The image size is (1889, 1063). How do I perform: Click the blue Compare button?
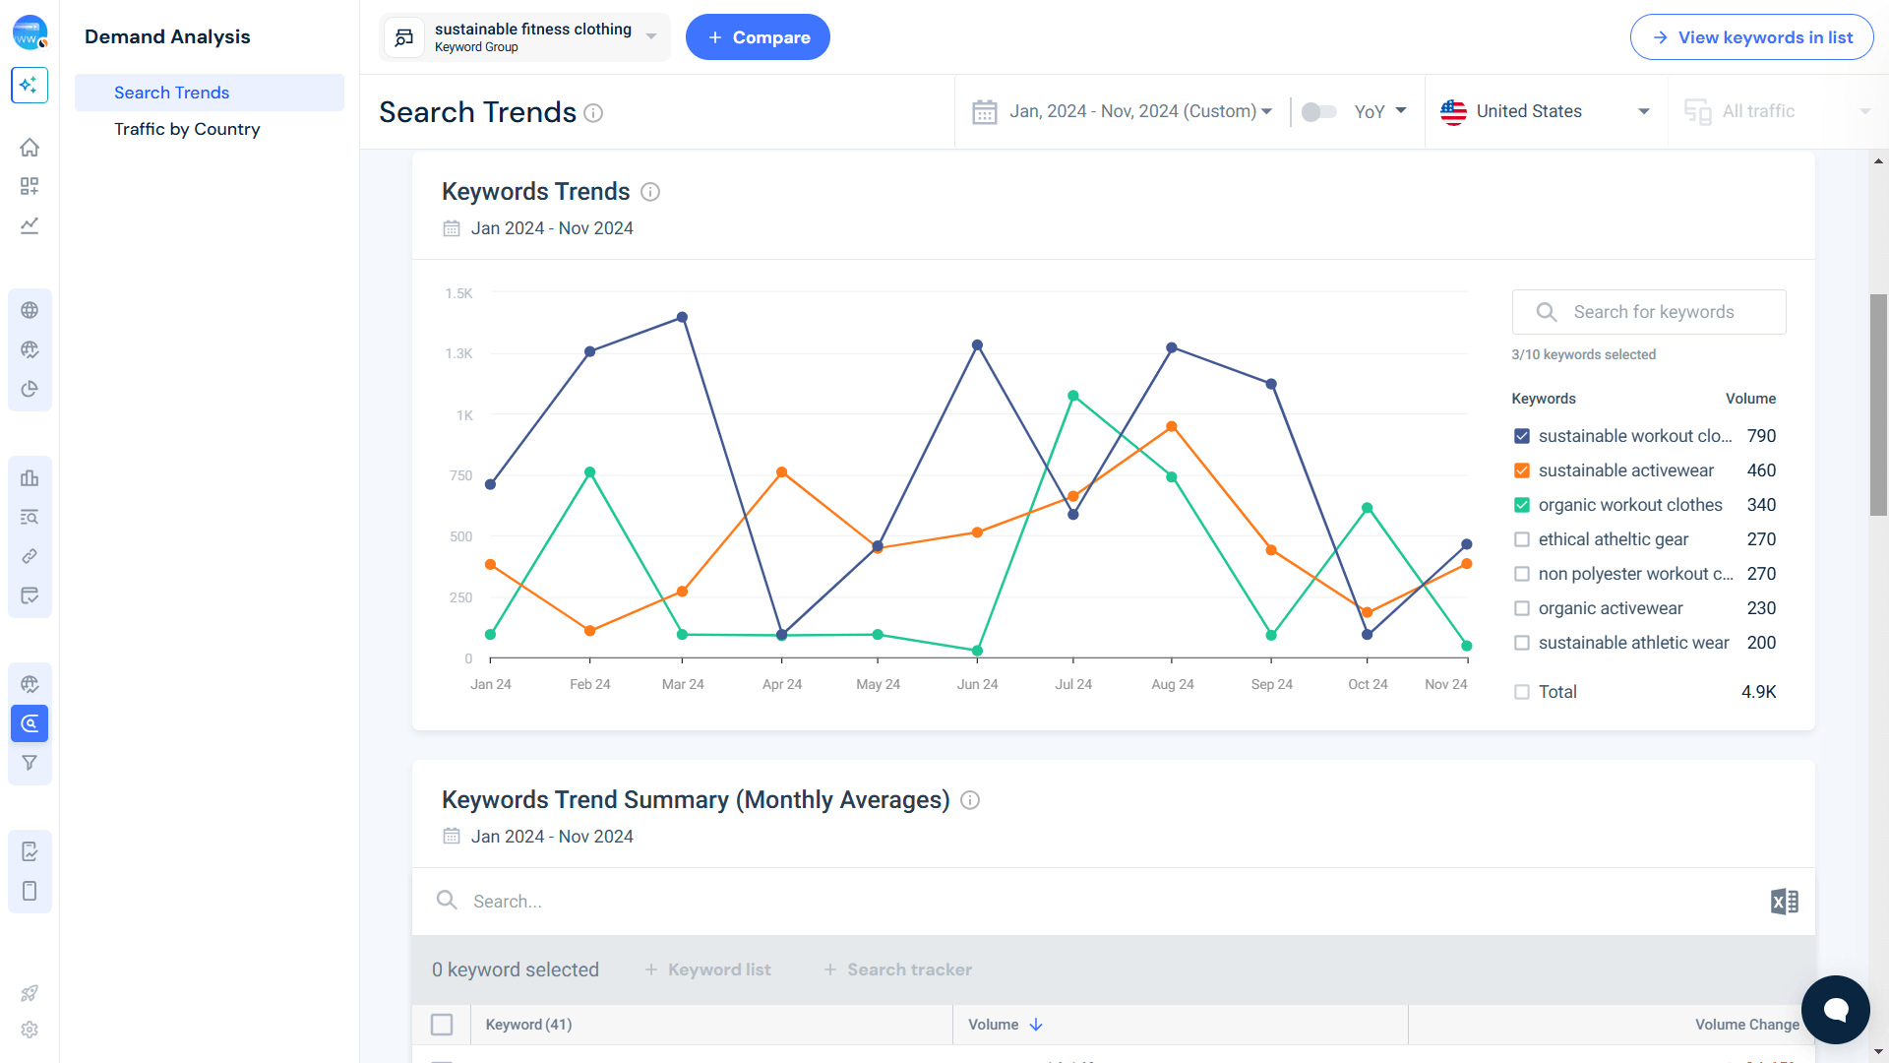pyautogui.click(x=757, y=37)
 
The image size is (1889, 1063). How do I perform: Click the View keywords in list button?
pyautogui.click(x=1751, y=37)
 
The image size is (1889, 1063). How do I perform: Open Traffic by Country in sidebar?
pyautogui.click(x=187, y=129)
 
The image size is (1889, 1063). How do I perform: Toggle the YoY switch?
pyautogui.click(x=1318, y=111)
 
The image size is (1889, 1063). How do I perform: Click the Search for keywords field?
pyautogui.click(x=1653, y=312)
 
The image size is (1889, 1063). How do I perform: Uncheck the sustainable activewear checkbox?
pyautogui.click(x=1522, y=470)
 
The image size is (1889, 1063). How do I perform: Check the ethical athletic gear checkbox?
pyautogui.click(x=1522, y=539)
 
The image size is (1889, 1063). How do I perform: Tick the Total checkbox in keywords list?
pyautogui.click(x=1522, y=692)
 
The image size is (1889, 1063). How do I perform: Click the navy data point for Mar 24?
pyautogui.click(x=682, y=318)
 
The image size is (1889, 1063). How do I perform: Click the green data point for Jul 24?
pyautogui.click(x=1073, y=396)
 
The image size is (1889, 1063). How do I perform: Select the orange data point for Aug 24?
pyautogui.click(x=1172, y=427)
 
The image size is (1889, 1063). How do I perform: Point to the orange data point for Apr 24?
pyautogui.click(x=781, y=472)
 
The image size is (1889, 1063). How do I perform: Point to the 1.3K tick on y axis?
pyautogui.click(x=458, y=353)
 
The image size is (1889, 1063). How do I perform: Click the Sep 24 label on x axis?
pyautogui.click(x=1271, y=684)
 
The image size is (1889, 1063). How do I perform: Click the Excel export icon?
pyautogui.click(x=1784, y=902)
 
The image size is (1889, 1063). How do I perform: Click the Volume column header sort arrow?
pyautogui.click(x=1036, y=1025)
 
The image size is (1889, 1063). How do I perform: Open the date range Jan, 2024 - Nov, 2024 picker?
pyautogui.click(x=1123, y=111)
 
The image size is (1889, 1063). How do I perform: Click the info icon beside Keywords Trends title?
pyautogui.click(x=650, y=192)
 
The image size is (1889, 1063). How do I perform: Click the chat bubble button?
pyautogui.click(x=1835, y=1009)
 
